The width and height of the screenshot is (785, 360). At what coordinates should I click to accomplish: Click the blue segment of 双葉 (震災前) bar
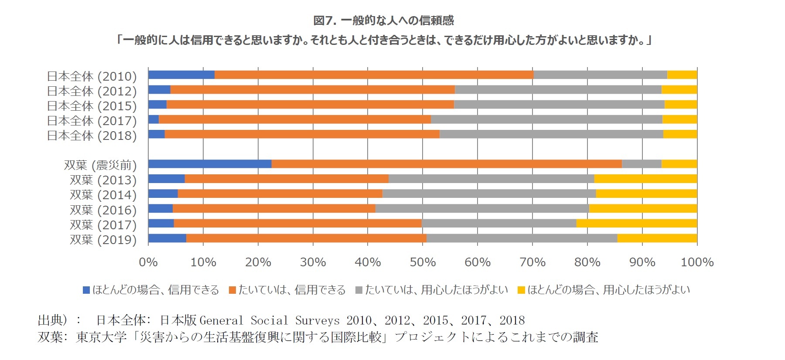(210, 164)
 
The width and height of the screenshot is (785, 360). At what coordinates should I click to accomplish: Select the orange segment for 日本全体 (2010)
(374, 75)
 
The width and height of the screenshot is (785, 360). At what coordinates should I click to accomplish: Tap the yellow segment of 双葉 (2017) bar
(636, 224)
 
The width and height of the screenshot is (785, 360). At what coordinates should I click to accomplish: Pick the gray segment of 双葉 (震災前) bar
(641, 164)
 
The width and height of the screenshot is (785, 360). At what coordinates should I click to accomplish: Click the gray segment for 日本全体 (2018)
(551, 134)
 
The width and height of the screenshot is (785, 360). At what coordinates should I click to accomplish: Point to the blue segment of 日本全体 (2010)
(181, 75)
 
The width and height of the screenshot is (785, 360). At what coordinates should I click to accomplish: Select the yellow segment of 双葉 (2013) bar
(645, 179)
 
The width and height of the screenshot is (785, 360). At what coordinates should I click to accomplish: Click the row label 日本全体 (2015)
(92, 106)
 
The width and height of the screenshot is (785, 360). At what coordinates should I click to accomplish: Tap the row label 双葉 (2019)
(103, 240)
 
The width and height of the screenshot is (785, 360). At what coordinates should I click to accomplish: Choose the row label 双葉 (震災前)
(100, 165)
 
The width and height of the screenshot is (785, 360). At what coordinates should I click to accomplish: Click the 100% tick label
(697, 262)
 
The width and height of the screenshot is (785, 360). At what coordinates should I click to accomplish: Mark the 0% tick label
(148, 262)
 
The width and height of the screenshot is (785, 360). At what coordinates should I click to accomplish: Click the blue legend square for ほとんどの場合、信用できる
(86, 290)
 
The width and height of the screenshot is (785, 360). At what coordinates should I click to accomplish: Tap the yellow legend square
(521, 290)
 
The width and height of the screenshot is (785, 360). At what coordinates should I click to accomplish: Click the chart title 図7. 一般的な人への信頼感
(383, 20)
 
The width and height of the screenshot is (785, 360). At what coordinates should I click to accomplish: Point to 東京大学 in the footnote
(101, 337)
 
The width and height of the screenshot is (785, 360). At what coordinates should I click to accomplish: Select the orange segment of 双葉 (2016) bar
(274, 209)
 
